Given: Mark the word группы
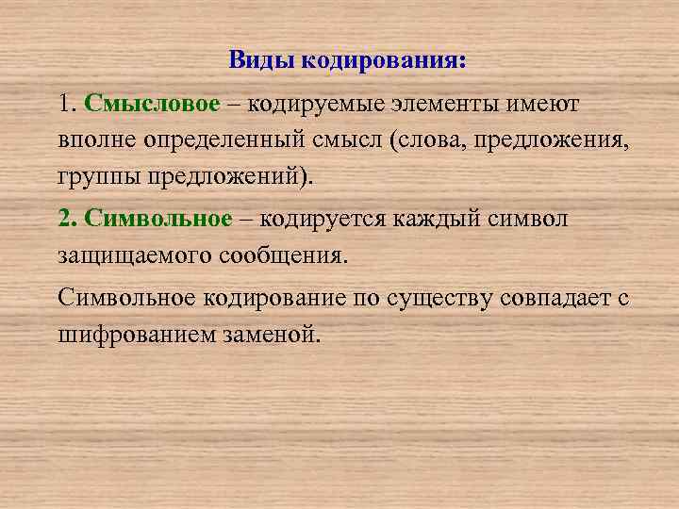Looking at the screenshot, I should point(92,177).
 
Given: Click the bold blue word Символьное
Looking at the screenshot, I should point(157,219).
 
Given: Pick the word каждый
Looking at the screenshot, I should point(449,219).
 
